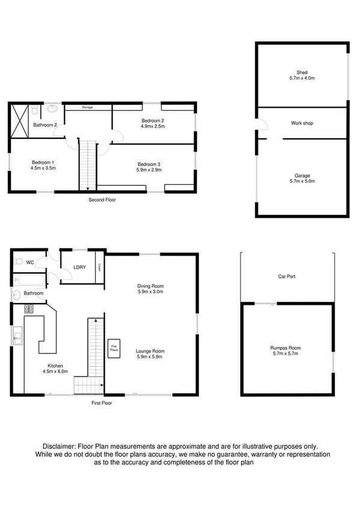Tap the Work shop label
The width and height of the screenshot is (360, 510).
click(302, 123)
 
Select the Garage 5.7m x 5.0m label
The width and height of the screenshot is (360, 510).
click(302, 179)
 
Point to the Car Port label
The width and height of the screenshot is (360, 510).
click(287, 277)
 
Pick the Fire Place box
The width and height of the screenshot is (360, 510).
click(112, 349)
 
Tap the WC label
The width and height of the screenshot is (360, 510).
click(30, 262)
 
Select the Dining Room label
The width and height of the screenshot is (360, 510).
click(151, 289)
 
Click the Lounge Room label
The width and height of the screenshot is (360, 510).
click(150, 354)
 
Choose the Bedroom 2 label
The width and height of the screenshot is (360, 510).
click(153, 123)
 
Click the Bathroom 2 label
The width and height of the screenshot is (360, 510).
click(45, 125)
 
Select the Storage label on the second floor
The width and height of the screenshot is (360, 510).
click(88, 108)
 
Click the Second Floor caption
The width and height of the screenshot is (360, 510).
click(102, 199)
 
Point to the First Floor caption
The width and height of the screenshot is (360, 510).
click(101, 403)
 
